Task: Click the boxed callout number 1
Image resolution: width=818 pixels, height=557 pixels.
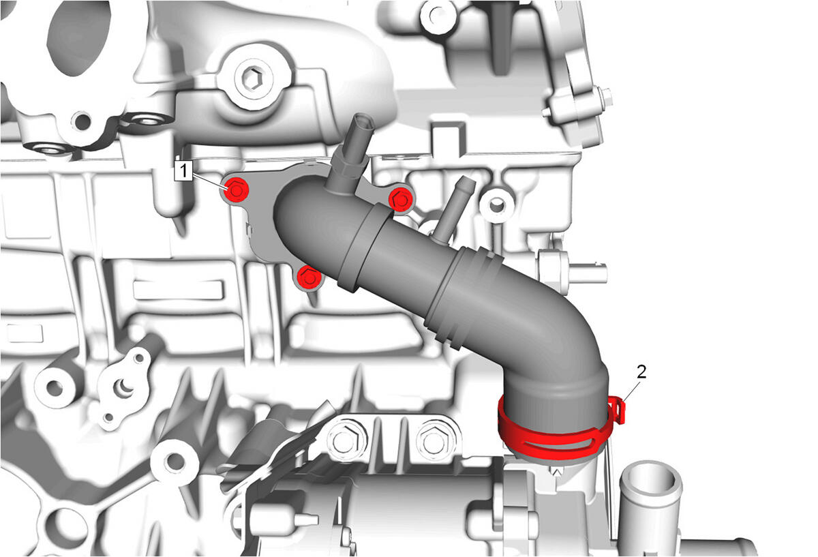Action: (183, 170)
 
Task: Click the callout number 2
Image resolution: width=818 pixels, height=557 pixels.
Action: (641, 372)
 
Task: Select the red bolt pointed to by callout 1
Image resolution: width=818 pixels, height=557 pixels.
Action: (236, 190)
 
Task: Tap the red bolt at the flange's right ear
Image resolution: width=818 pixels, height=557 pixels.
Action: (401, 199)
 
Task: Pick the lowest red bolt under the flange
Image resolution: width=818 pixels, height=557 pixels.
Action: (309, 277)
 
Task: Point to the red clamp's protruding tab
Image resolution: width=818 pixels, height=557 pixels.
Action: (620, 410)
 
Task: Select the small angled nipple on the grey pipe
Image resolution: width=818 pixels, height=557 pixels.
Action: (452, 208)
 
